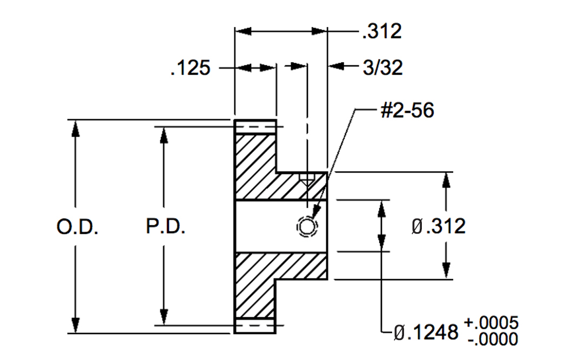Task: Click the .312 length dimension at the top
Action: pyautogui.click(x=382, y=31)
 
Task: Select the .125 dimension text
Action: pyautogui.click(x=190, y=68)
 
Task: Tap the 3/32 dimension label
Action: pyautogui.click(x=383, y=68)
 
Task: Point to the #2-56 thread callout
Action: pyautogui.click(x=407, y=110)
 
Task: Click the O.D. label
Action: pyautogui.click(x=77, y=227)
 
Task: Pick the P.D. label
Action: pyautogui.click(x=165, y=226)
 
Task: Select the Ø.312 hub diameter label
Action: pyautogui.click(x=439, y=226)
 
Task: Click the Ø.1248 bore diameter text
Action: pyautogui.click(x=426, y=332)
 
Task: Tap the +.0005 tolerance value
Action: pyautogui.click(x=491, y=323)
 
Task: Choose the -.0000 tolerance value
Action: pyautogui.click(x=493, y=339)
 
